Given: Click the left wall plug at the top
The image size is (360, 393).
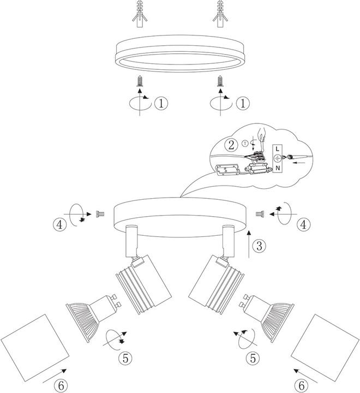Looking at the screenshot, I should coord(140,16).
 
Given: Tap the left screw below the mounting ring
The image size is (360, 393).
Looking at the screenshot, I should coord(140,82).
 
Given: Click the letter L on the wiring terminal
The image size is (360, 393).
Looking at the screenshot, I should coord(277,148).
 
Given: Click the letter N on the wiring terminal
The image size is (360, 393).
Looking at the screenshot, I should coord(277,168).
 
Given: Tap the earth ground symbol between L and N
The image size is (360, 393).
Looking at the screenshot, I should coord(277,158).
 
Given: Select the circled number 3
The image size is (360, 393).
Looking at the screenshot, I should coord(260,246).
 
